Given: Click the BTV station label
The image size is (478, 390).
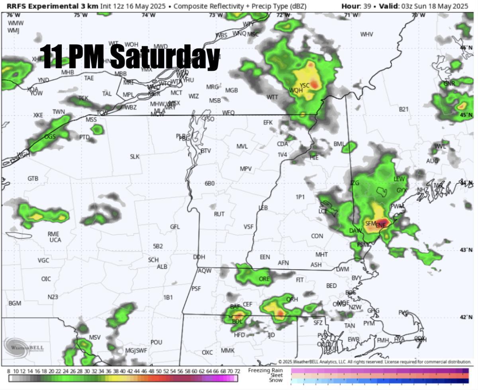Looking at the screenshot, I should coord(206,151).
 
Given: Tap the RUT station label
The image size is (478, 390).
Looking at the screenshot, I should coord(219,214).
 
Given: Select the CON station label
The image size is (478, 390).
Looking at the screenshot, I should coord(317,236).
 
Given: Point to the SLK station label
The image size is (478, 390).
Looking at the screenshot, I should coord(135,157).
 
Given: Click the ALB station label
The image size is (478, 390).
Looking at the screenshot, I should coord(162,267).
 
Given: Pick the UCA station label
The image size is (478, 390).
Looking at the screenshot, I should coord(55,240).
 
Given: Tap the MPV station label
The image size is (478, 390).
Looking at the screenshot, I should coord(246,169).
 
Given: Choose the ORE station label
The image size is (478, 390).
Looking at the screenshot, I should coord(264,279).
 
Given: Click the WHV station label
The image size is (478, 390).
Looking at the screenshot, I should coord(366,35).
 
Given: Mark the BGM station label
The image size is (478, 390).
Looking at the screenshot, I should coord(15,303).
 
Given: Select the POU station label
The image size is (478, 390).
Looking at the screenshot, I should coord(157,342).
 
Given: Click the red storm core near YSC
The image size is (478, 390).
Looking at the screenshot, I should coord(315,84).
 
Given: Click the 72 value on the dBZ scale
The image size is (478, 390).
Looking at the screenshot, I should coord(237,371).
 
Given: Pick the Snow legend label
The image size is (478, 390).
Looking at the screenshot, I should coord(275,380).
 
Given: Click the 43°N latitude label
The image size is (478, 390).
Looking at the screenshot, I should coord(465,250).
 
